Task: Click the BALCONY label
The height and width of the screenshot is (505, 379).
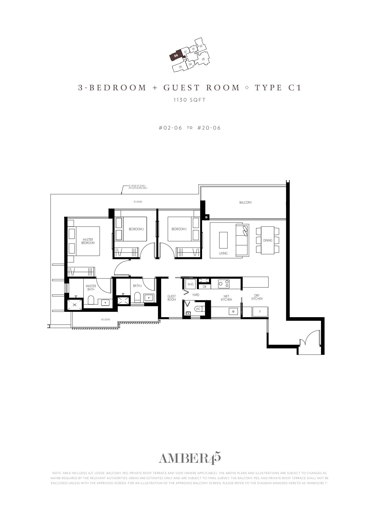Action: (x=245, y=202)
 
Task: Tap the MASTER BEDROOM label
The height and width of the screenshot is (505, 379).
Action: (x=88, y=241)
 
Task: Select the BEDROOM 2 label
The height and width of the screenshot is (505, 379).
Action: (x=136, y=229)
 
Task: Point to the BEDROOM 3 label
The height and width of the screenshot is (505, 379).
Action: (x=179, y=229)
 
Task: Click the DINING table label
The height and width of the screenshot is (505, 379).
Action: (x=268, y=240)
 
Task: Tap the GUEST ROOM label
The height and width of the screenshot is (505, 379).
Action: (x=172, y=298)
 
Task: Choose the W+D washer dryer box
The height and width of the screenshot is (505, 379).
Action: (x=191, y=284)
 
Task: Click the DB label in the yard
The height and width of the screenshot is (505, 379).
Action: (x=204, y=287)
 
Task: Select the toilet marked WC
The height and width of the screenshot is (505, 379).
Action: (x=199, y=309)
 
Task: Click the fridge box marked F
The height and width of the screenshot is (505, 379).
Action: (x=260, y=312)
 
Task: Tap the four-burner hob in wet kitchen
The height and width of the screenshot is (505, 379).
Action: (x=224, y=283)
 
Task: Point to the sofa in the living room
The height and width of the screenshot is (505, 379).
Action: (x=242, y=240)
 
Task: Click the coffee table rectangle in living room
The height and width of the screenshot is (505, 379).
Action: (x=223, y=240)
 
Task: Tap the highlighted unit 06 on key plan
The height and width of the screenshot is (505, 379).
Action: (x=176, y=56)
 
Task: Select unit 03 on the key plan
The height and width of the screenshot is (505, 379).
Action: (x=203, y=59)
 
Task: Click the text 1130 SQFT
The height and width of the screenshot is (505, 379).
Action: (x=189, y=100)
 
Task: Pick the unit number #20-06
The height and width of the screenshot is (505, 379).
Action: (x=209, y=128)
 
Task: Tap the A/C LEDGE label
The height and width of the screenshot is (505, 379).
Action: (x=106, y=319)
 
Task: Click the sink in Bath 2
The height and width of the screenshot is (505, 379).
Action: (x=149, y=297)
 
